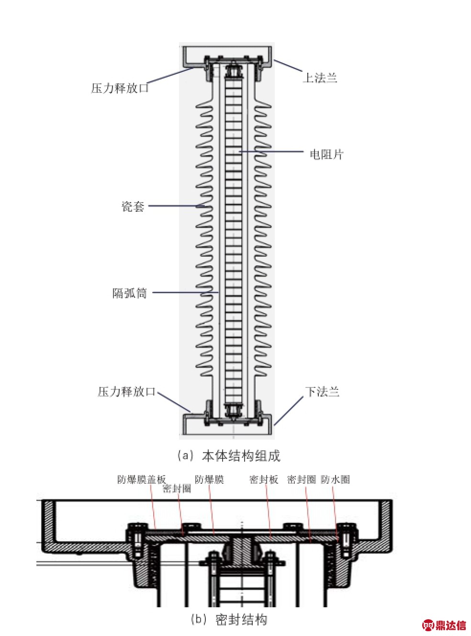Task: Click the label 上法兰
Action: pyautogui.click(x=320, y=78)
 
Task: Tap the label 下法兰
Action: pyautogui.click(x=322, y=391)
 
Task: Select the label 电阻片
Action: pyautogui.click(x=326, y=155)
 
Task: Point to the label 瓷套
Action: pyautogui.click(x=133, y=206)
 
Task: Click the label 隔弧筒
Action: pyautogui.click(x=130, y=293)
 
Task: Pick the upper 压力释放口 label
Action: pyautogui.click(x=120, y=88)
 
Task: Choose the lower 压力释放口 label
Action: pyautogui.click(x=127, y=391)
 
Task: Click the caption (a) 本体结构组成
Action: pyautogui.click(x=229, y=455)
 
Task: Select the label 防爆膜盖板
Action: pyautogui.click(x=142, y=479)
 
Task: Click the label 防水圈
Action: pyautogui.click(x=335, y=479)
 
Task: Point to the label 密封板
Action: pyautogui.click(x=264, y=479)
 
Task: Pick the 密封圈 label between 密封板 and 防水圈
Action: pyautogui.click(x=302, y=479)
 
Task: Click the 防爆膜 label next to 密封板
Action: pyautogui.click(x=209, y=479)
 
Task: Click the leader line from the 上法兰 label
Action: pyautogui.click(x=288, y=66)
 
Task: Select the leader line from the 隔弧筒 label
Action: pyautogui.click(x=185, y=293)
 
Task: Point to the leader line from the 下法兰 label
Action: pyautogui.click(x=289, y=411)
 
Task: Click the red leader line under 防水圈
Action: pyautogui.click(x=336, y=513)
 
